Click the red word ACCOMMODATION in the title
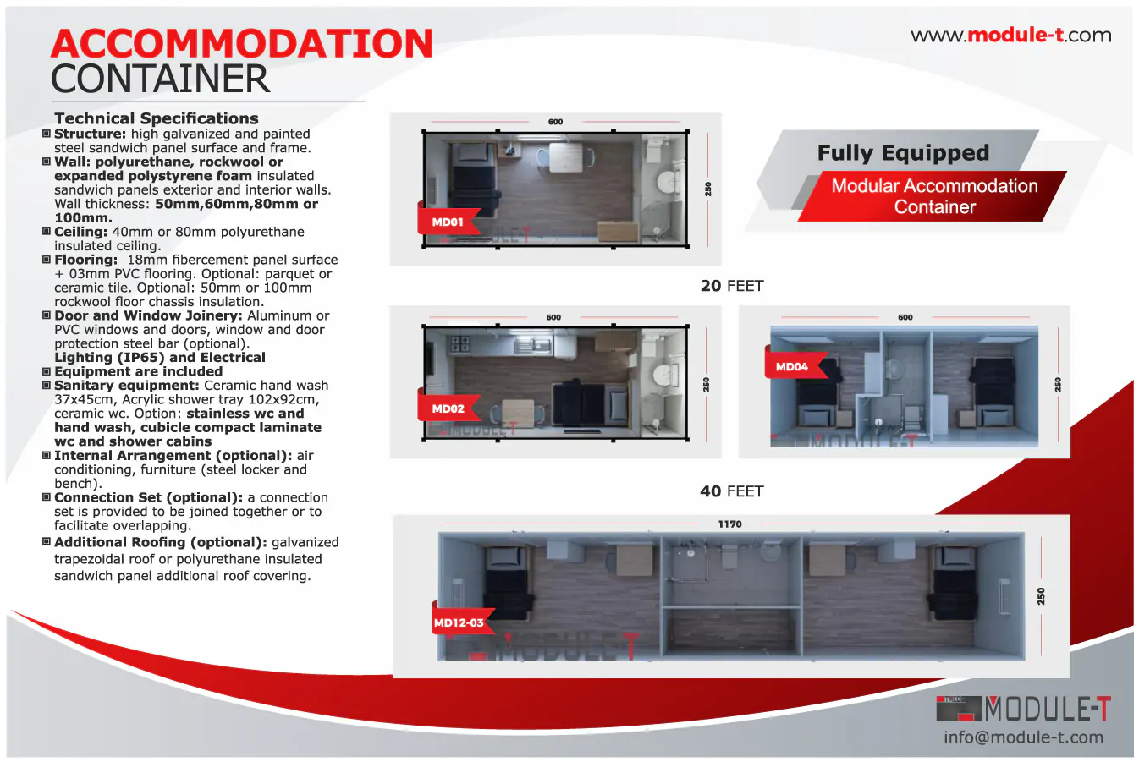tap(242, 44)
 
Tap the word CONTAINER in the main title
tap(161, 79)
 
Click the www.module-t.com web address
tap(1010, 36)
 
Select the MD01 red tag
tap(448, 222)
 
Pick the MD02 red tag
tap(448, 408)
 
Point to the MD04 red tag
tap(792, 366)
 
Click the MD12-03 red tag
tap(459, 622)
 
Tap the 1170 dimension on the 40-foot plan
tap(729, 524)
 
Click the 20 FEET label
tap(731, 286)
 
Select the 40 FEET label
tap(731, 491)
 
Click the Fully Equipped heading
tap(903, 153)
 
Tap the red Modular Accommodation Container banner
tap(934, 196)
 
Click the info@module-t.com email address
tap(1023, 737)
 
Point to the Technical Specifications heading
tap(157, 118)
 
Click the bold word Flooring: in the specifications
tap(85, 260)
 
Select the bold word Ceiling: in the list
tap(81, 232)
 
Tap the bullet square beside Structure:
tap(47, 134)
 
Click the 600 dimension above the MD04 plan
tap(905, 317)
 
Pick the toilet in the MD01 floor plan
tap(669, 182)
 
